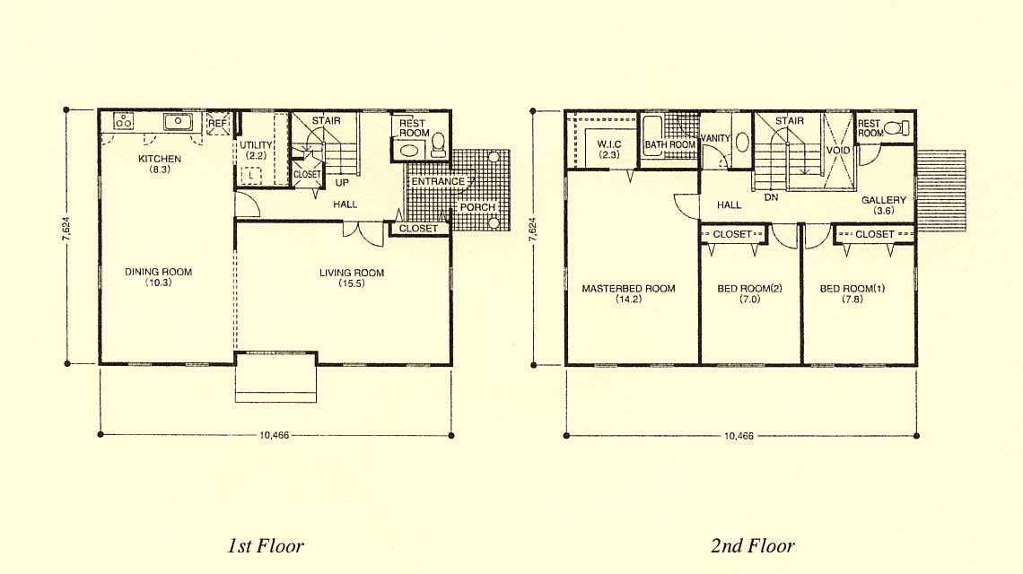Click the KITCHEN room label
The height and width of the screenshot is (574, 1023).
pos(160,159)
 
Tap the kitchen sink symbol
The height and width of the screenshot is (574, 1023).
pos(178,121)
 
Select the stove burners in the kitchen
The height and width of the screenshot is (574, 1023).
pos(123,121)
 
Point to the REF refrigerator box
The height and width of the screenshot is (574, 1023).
pos(219,123)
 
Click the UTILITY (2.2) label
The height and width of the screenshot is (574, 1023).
pos(256,150)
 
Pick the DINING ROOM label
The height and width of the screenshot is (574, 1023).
pos(159,272)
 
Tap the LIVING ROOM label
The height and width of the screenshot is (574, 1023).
pos(352,273)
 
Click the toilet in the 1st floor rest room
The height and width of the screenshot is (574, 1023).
pos(439,146)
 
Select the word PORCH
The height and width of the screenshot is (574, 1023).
pos(477,207)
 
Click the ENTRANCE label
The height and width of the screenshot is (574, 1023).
pos(438,181)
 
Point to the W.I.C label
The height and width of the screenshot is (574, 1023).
pos(609,144)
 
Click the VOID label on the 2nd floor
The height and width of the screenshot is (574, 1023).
pos(838,150)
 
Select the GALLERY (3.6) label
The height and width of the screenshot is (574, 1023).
pos(884,204)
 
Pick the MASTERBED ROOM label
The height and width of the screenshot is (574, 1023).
pos(628,288)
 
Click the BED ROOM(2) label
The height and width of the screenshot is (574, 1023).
pos(749,288)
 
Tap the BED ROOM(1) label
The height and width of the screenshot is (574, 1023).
pos(852,288)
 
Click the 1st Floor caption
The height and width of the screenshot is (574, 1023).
pos(266,545)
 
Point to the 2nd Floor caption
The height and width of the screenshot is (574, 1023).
pos(753,545)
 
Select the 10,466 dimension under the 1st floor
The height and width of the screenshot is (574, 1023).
pos(274,436)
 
